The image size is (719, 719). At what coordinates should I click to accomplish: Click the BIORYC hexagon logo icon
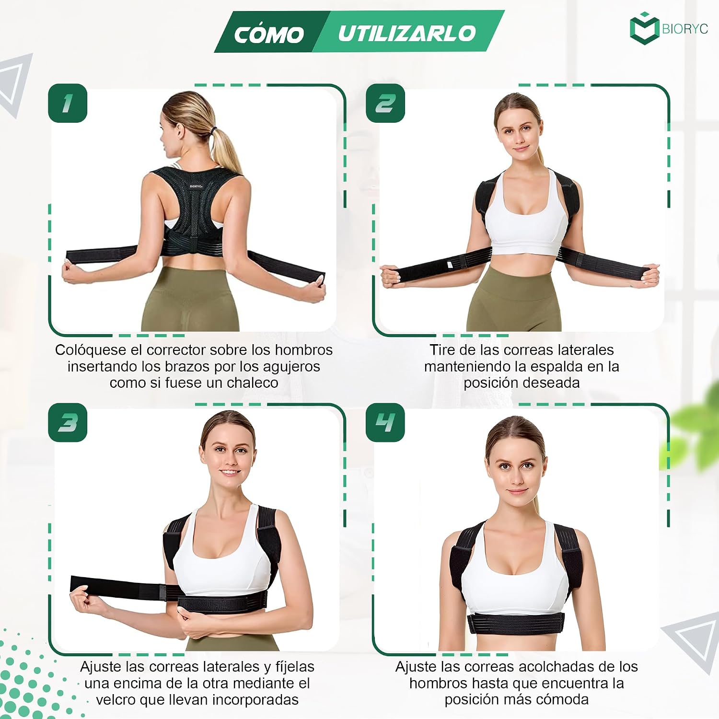[x=644, y=29]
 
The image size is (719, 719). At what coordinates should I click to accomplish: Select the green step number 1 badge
[x=68, y=103]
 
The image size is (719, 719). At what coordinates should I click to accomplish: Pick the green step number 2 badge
[x=385, y=103]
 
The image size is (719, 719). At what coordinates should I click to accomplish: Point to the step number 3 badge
[x=68, y=422]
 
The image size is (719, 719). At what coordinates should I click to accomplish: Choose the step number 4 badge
[x=385, y=422]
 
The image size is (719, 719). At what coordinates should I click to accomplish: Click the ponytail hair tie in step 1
[x=213, y=130]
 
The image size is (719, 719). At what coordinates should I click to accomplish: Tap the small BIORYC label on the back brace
[x=196, y=186]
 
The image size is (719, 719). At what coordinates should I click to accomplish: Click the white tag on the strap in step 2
[x=450, y=264]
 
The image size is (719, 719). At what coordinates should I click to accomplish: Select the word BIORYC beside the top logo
[x=684, y=29]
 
